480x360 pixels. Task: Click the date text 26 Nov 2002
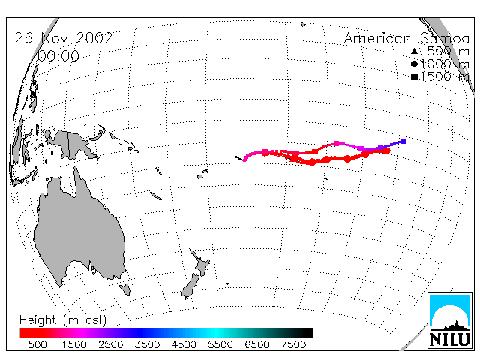tap(64, 38)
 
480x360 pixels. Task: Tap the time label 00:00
tap(58, 56)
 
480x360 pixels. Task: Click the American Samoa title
tap(406, 38)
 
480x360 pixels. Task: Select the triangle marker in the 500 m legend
tap(414, 51)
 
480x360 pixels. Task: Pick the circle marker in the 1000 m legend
tap(414, 64)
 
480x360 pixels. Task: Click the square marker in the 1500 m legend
tap(414, 76)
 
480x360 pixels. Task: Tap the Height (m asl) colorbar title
tap(63, 320)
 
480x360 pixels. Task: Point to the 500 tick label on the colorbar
tap(37, 344)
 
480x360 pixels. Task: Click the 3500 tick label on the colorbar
tap(147, 344)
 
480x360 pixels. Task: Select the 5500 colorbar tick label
tap(220, 344)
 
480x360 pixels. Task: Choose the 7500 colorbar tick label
tap(293, 344)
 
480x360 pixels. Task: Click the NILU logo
tap(450, 320)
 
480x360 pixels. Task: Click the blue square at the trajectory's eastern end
tap(403, 141)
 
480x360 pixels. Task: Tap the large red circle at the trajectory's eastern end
tap(387, 151)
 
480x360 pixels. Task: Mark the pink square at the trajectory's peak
tap(337, 143)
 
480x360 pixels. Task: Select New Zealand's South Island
tap(190, 285)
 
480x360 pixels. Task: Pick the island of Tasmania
tap(125, 289)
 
